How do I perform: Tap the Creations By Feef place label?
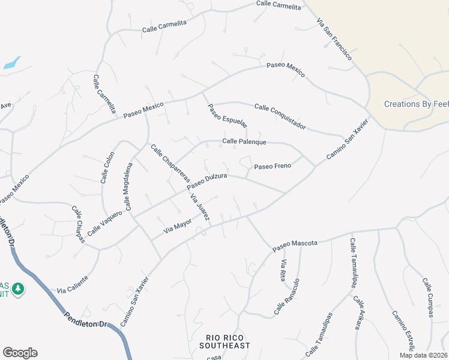tap(416, 104)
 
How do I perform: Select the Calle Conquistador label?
tap(280, 116)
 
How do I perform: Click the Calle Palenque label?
tap(244, 142)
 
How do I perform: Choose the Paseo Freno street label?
tap(273, 166)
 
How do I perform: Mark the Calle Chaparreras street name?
tap(170, 164)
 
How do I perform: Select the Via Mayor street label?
tap(178, 227)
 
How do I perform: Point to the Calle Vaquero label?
tap(104, 223)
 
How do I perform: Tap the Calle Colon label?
tap(107, 167)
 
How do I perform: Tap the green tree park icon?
tap(18, 289)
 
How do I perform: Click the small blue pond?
tap(11, 62)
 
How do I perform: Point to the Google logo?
tap(20, 353)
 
